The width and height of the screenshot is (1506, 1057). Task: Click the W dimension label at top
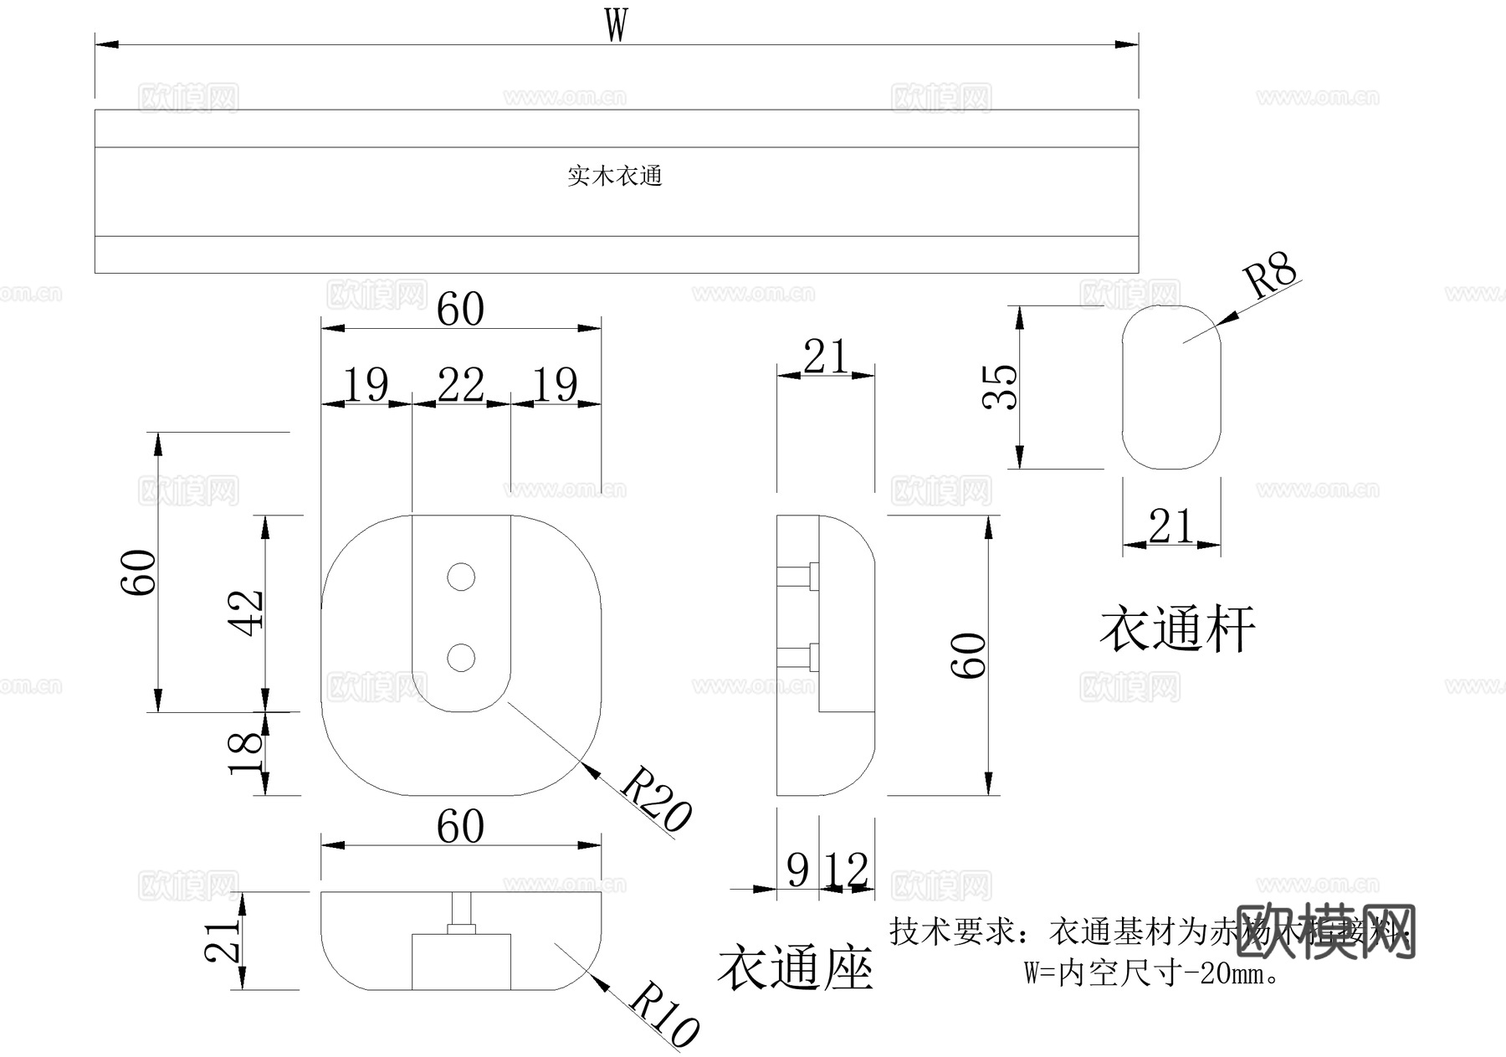pyautogui.click(x=616, y=25)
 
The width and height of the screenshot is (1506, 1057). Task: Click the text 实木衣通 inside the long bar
pyautogui.click(x=615, y=176)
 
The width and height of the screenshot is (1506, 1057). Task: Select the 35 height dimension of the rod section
pyautogui.click(x=1000, y=387)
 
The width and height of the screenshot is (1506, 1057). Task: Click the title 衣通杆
pyautogui.click(x=1176, y=629)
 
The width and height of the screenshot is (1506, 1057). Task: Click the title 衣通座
pyautogui.click(x=795, y=968)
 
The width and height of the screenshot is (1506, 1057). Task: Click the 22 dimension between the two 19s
pyautogui.click(x=461, y=386)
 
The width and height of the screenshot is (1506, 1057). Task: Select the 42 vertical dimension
pyautogui.click(x=248, y=613)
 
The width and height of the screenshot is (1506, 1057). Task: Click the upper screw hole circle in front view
pyautogui.click(x=461, y=577)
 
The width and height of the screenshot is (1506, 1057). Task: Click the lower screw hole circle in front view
pyautogui.click(x=461, y=658)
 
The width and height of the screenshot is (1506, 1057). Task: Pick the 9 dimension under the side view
pyautogui.click(x=798, y=870)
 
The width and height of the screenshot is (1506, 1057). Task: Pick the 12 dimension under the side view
pyautogui.click(x=847, y=870)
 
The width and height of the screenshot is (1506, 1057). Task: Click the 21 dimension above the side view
pyautogui.click(x=826, y=357)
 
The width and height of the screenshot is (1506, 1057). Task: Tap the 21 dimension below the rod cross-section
pyautogui.click(x=1170, y=527)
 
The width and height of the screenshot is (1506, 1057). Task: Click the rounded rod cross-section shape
pyautogui.click(x=1170, y=387)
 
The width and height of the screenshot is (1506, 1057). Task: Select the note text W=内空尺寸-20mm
pyautogui.click(x=1153, y=973)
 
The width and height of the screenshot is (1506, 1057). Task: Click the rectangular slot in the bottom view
pyautogui.click(x=461, y=962)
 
